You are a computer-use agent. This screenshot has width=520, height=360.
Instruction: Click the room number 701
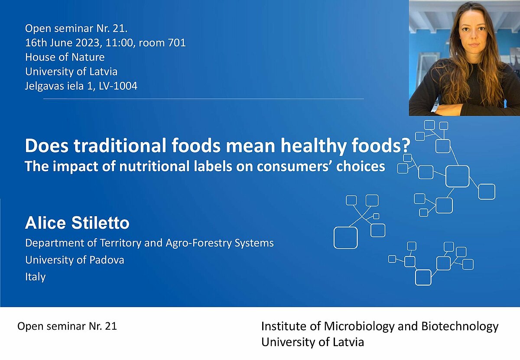pyautogui.click(x=177, y=43)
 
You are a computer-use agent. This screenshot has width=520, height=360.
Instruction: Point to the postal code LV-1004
pyautogui.click(x=118, y=86)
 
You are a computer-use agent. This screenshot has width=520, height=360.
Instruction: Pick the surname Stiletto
pyautogui.click(x=100, y=223)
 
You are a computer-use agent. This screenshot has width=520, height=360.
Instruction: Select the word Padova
pyautogui.click(x=107, y=260)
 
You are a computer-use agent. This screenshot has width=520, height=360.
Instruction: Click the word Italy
pyautogui.click(x=35, y=277)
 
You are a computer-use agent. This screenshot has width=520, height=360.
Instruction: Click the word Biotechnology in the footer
pyautogui.click(x=460, y=326)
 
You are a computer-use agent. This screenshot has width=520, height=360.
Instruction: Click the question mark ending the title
pyautogui.click(x=406, y=146)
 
